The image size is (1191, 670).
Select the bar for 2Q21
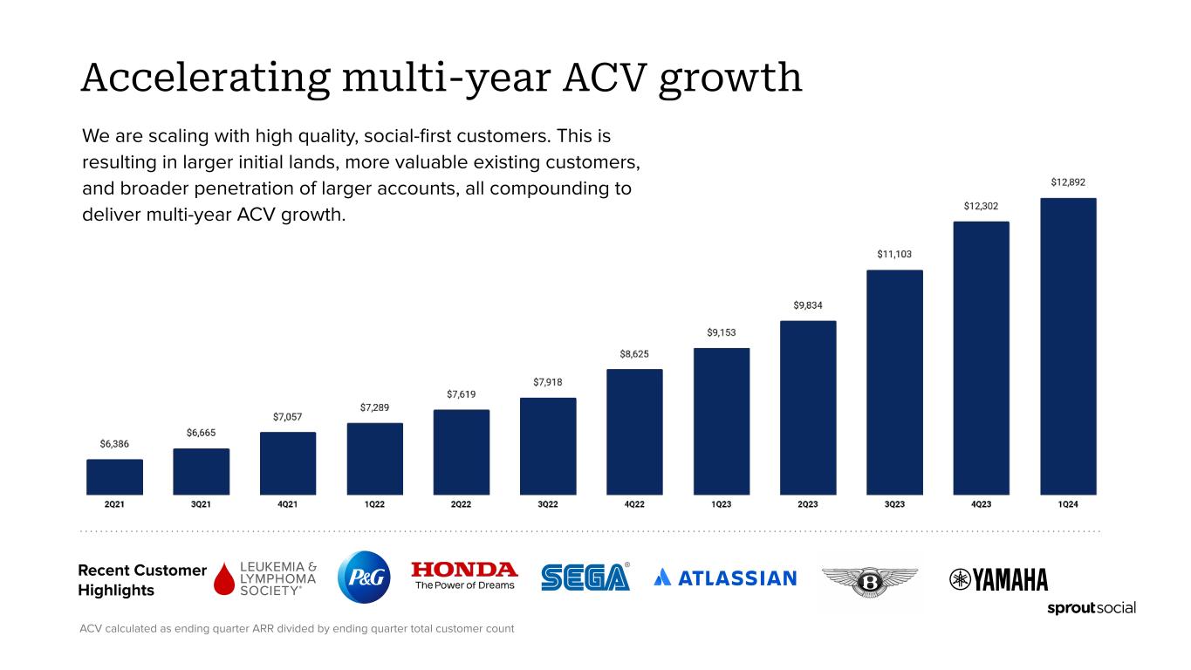(x=114, y=477)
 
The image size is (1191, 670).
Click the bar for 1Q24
(x=1068, y=346)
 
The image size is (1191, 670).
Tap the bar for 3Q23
(x=894, y=382)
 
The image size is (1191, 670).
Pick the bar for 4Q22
(x=634, y=432)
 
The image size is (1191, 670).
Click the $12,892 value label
(x=1068, y=182)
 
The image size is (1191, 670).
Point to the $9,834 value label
(x=808, y=305)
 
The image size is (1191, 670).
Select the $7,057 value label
(x=288, y=417)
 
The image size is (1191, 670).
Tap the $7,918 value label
(x=548, y=382)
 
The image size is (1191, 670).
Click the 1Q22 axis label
(x=374, y=504)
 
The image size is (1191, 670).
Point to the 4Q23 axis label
(x=981, y=504)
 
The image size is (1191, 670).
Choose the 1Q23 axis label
(x=721, y=504)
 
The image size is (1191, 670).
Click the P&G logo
(x=364, y=577)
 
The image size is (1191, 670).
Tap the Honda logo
(x=464, y=576)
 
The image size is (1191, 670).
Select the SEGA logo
(x=585, y=577)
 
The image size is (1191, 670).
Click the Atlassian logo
(x=725, y=578)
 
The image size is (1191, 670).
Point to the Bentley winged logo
(x=870, y=582)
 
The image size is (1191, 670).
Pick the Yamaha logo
(x=998, y=579)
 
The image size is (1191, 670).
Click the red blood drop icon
(x=224, y=578)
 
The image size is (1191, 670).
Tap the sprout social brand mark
(x=1091, y=608)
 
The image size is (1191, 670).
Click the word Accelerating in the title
(x=206, y=79)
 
